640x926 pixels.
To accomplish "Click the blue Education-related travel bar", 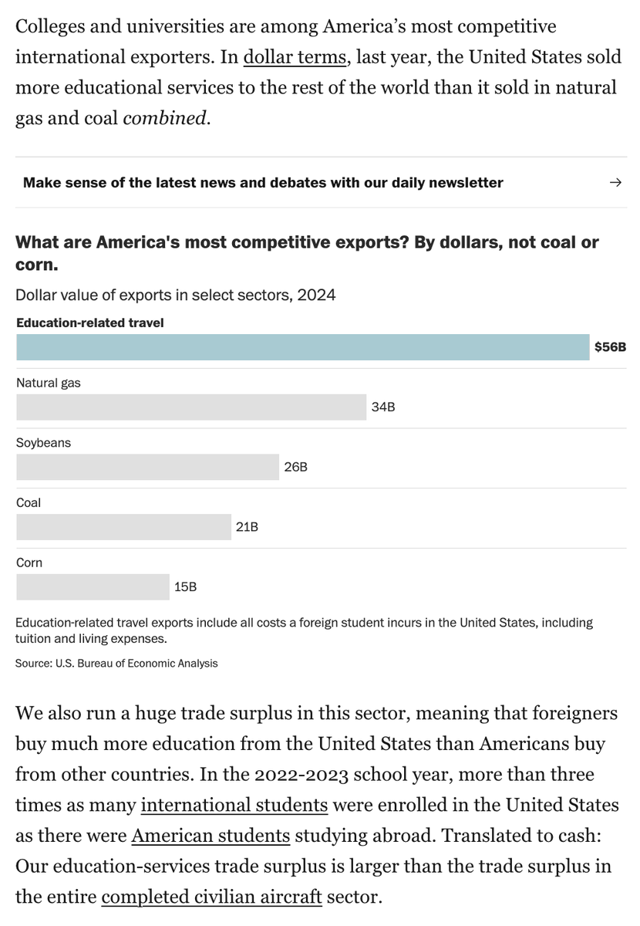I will [x=302, y=347].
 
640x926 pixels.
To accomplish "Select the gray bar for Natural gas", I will [x=191, y=407].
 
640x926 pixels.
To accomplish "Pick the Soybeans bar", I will [x=147, y=467].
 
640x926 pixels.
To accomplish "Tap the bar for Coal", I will [x=123, y=527].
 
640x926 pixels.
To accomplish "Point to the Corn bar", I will [x=93, y=587].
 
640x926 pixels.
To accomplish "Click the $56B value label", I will [x=610, y=347].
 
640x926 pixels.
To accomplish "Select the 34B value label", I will [x=383, y=407].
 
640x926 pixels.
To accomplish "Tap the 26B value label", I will [x=295, y=467].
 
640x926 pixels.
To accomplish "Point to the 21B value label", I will [x=247, y=527].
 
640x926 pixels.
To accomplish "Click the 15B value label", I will [x=185, y=587].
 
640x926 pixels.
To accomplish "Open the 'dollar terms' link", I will [x=294, y=57].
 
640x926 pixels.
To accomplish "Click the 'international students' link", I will [x=234, y=805].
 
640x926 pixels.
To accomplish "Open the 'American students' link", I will [x=211, y=835].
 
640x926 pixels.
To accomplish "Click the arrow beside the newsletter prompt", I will [x=615, y=183].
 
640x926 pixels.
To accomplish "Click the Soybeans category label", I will [x=43, y=443].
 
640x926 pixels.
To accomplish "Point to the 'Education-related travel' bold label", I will [x=89, y=323].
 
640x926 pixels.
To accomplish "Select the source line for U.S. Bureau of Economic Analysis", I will [x=116, y=663].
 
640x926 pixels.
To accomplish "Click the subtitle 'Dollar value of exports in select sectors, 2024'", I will [x=175, y=295].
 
